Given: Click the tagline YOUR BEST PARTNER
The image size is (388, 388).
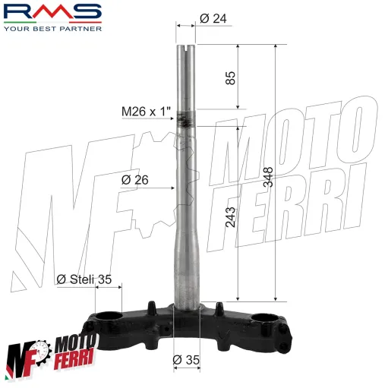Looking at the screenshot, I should pos(52,30).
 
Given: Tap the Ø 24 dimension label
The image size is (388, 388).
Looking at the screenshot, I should pos(213,19).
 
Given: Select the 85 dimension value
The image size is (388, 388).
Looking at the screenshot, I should pos(232,77).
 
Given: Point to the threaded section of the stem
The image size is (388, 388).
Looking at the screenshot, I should pos(186,118).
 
